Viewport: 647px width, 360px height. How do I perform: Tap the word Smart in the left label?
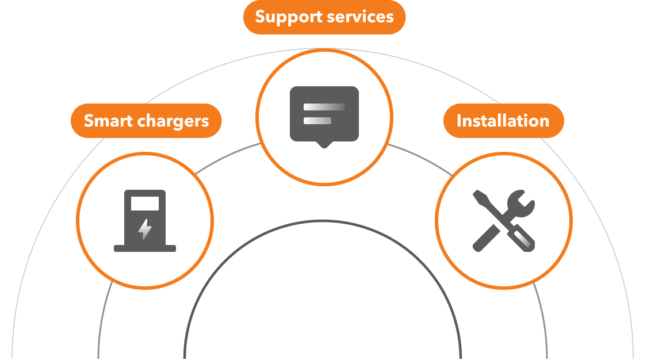(x=108, y=121)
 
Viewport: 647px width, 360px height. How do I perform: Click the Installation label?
(x=503, y=121)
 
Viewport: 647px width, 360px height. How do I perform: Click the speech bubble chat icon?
(x=324, y=114)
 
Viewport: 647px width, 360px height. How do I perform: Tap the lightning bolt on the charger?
(x=145, y=229)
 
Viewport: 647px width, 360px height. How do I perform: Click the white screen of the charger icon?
(x=145, y=204)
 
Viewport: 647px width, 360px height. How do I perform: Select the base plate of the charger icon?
(x=145, y=248)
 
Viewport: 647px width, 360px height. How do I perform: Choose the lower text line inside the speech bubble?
(x=317, y=121)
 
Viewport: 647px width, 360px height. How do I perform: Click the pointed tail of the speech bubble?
(x=324, y=144)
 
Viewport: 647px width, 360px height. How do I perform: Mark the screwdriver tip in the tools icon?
(x=478, y=196)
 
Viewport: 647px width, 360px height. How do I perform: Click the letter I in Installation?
(x=460, y=121)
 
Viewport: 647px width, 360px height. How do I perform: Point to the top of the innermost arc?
(x=323, y=221)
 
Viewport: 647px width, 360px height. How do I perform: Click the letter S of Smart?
(x=89, y=121)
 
